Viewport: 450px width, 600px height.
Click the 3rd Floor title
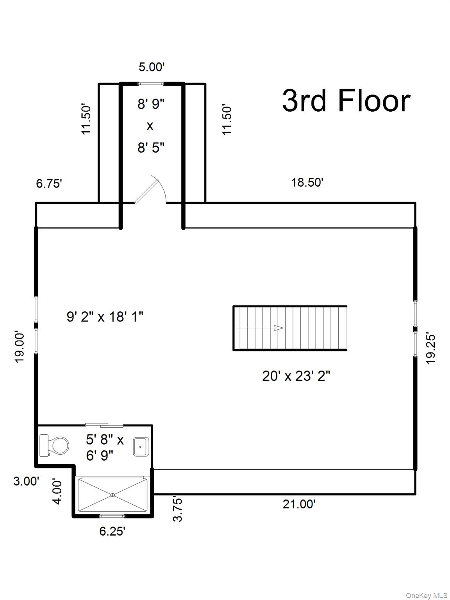(x=346, y=101)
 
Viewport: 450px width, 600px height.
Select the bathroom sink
(x=140, y=447)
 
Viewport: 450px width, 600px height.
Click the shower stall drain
(x=112, y=495)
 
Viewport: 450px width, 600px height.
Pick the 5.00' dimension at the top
(x=152, y=67)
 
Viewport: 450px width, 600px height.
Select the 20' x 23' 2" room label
(x=296, y=376)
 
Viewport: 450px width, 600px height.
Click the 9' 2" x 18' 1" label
(x=105, y=317)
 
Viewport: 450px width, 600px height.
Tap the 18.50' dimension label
(x=307, y=182)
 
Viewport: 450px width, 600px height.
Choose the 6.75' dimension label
(x=49, y=184)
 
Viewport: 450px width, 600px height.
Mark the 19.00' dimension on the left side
(x=20, y=347)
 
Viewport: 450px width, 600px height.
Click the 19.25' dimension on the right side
(x=430, y=348)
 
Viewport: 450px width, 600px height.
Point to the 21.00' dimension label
(x=299, y=504)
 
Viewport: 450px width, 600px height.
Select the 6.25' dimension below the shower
(x=112, y=532)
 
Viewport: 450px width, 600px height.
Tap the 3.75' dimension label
(x=178, y=509)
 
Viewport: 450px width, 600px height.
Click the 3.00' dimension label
(x=26, y=481)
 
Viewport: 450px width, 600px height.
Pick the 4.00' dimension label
(x=57, y=491)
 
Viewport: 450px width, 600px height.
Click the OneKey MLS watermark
(x=427, y=595)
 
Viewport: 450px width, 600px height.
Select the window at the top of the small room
(x=151, y=83)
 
